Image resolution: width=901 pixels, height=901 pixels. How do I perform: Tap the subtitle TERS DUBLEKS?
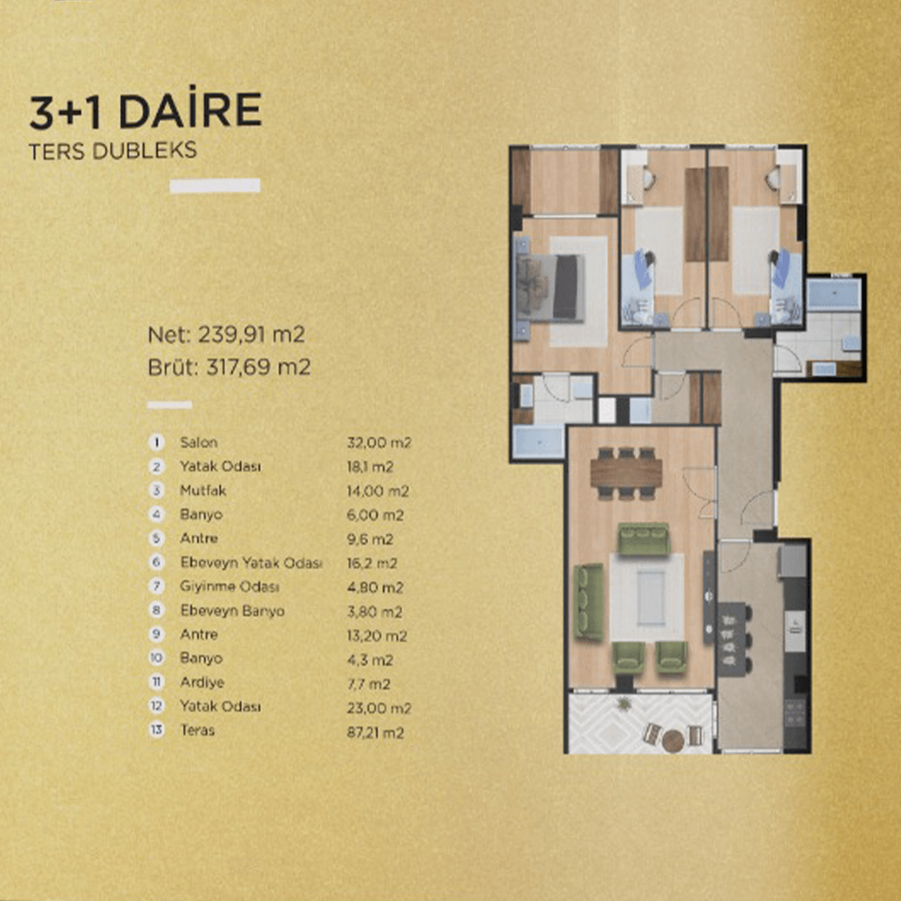pyautogui.click(x=113, y=150)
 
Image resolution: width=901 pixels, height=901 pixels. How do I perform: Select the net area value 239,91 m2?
pyautogui.click(x=251, y=334)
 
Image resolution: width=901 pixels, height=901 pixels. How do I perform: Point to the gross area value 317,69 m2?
pyautogui.click(x=258, y=366)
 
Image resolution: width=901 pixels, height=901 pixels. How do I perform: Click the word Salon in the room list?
pyautogui.click(x=199, y=442)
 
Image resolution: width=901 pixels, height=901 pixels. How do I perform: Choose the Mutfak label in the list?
pyautogui.click(x=203, y=491)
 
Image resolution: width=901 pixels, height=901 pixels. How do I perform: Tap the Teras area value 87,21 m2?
pyautogui.click(x=375, y=732)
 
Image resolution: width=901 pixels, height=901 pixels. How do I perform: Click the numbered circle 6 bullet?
pyautogui.click(x=156, y=562)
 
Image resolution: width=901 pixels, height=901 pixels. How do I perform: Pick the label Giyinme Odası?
pyautogui.click(x=229, y=586)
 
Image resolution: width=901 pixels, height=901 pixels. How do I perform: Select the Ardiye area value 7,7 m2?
pyautogui.click(x=369, y=684)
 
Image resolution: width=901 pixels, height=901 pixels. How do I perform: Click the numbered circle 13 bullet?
pyautogui.click(x=156, y=730)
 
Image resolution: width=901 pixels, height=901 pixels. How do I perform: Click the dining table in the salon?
pyautogui.click(x=626, y=472)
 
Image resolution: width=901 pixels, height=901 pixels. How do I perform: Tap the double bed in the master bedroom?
pyautogui.click(x=551, y=287)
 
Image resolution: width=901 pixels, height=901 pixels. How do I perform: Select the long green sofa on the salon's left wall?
pyautogui.click(x=589, y=602)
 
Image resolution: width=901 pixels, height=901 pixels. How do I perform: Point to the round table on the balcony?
pyautogui.click(x=672, y=740)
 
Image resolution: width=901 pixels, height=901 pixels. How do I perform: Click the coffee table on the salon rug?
pyautogui.click(x=651, y=597)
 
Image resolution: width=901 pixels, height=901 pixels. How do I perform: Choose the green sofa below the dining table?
pyautogui.click(x=643, y=538)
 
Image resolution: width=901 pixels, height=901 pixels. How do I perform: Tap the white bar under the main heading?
pyautogui.click(x=215, y=185)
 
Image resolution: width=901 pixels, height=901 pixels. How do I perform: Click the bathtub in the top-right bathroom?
pyautogui.click(x=833, y=294)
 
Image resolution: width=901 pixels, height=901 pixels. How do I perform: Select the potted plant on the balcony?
pyautogui.click(x=623, y=703)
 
